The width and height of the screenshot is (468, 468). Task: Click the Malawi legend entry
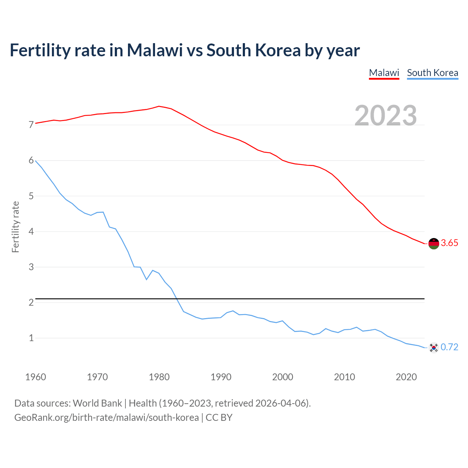pos(384,73)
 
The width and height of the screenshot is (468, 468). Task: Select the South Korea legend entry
pos(433,73)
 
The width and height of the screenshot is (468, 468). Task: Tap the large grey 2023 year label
pos(386,116)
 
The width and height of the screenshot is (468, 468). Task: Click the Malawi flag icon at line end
pos(434,243)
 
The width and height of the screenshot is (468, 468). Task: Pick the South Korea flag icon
pos(434,347)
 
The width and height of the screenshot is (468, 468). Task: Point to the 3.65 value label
pos(449,243)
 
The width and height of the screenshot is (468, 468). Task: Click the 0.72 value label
pos(449,347)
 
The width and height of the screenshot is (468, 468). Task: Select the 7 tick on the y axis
pos(31,125)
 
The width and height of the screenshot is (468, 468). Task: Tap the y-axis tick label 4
pos(31,231)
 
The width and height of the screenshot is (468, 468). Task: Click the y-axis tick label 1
pos(31,338)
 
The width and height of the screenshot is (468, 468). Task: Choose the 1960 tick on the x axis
pos(35,377)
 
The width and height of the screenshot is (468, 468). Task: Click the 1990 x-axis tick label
pos(221,377)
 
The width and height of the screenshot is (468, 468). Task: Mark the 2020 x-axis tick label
pos(406,377)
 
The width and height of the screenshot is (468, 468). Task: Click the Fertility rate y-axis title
pos(15,227)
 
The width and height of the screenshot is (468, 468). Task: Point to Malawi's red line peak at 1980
pos(159,106)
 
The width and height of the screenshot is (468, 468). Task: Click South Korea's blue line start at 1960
pos(36,161)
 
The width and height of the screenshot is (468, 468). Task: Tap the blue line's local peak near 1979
pos(152,270)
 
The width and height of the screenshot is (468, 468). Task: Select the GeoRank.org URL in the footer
pos(106,418)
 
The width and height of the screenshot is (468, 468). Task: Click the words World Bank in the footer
pos(97,403)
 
